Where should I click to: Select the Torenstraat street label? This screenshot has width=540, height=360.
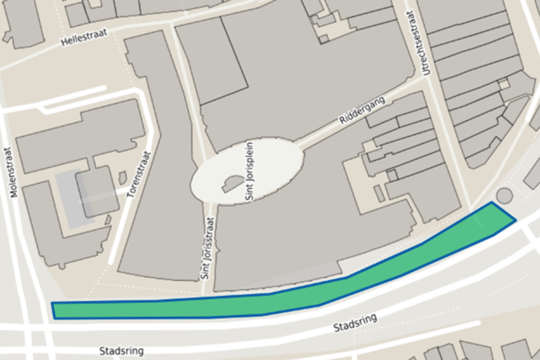click(140, 174)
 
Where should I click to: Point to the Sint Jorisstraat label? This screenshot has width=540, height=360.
click(208, 248)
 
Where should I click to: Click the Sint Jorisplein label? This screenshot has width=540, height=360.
click(250, 172)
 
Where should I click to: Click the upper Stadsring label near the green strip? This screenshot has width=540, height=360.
click(355, 323)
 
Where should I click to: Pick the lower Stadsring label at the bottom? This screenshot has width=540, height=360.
click(121, 351)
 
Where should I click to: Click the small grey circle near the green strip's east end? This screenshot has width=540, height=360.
click(504, 195)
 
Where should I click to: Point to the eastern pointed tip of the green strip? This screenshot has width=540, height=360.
click(514, 220)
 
